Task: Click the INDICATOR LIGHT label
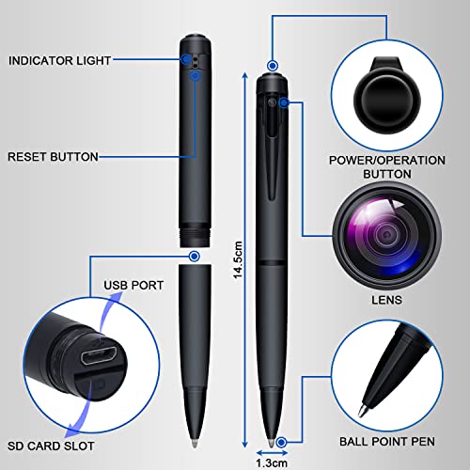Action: click(60, 60)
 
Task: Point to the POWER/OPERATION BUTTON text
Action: click(387, 167)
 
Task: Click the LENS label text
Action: click(387, 301)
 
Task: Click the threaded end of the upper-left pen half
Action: click(195, 230)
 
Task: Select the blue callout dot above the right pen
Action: click(272, 66)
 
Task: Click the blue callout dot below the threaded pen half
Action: click(195, 255)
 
